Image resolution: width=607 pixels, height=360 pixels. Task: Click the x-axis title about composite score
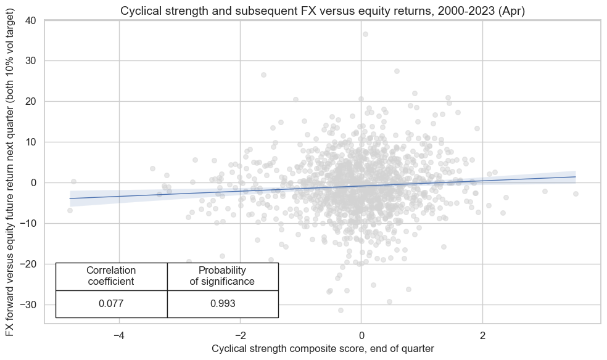click(x=323, y=348)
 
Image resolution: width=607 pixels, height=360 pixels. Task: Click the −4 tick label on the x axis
click(x=119, y=336)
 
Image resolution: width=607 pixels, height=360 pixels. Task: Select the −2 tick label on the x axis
click(x=240, y=336)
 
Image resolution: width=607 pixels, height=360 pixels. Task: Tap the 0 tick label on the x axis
click(x=361, y=336)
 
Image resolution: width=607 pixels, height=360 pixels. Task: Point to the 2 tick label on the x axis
click(x=482, y=336)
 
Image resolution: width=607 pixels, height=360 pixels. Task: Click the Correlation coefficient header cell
click(x=111, y=276)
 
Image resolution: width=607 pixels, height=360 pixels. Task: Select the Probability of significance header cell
click(x=222, y=276)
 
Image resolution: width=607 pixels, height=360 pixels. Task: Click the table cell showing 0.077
click(x=111, y=304)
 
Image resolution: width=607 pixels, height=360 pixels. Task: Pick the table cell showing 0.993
click(x=222, y=304)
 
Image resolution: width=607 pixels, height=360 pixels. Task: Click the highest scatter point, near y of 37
click(x=365, y=35)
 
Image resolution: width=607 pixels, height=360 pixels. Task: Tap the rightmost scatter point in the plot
click(x=576, y=194)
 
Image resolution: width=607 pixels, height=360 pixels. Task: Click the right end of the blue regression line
click(x=575, y=177)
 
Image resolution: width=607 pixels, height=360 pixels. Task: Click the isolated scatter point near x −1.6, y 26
click(x=263, y=75)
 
